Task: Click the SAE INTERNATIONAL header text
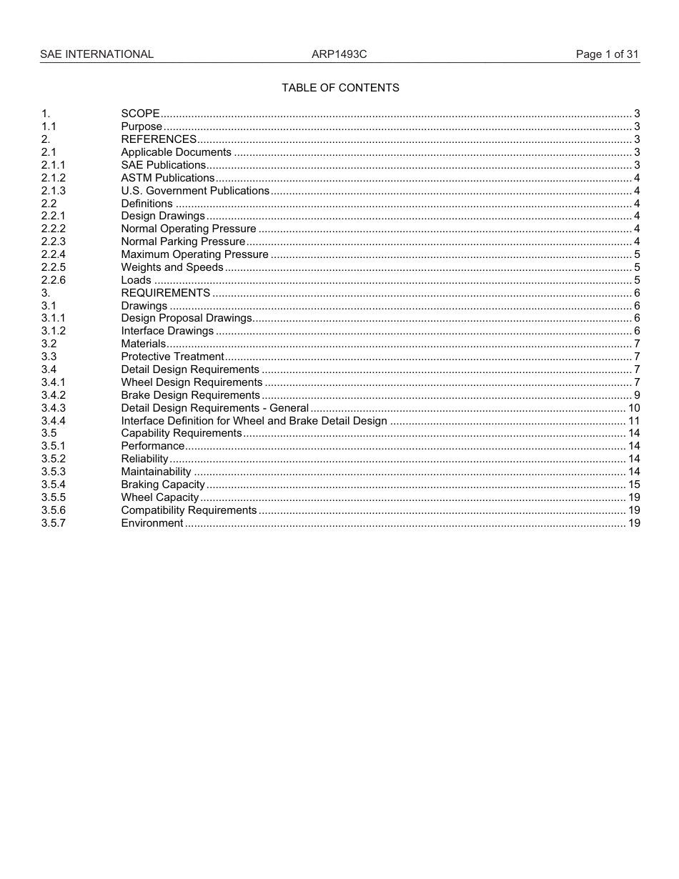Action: (96, 54)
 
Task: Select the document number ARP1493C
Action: (339, 54)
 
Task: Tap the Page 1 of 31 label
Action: (607, 54)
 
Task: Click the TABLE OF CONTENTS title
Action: (340, 88)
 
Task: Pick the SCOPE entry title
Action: (140, 114)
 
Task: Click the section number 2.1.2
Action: (54, 178)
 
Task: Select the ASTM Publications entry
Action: (167, 178)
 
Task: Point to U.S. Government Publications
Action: (195, 191)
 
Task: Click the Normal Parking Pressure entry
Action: (183, 242)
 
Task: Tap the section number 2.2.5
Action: (54, 267)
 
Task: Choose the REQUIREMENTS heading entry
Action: (166, 293)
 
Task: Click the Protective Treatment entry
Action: (172, 357)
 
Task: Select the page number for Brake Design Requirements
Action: (636, 395)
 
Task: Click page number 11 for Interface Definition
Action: (633, 421)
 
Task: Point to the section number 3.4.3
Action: (54, 408)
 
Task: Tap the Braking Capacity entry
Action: (163, 485)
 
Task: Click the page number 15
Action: (633, 485)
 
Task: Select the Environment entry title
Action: (152, 523)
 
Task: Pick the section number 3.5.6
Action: (54, 510)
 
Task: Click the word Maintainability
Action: (156, 472)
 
